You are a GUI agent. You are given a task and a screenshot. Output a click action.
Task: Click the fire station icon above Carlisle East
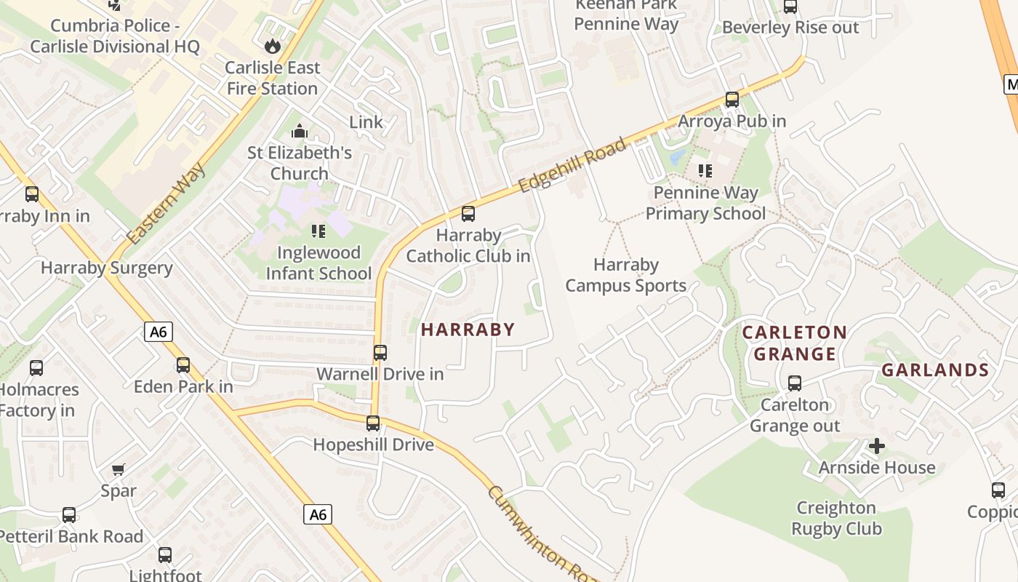tap(273, 47)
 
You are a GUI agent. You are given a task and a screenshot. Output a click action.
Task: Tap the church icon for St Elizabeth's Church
tap(299, 132)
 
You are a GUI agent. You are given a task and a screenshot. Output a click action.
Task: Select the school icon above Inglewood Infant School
tap(318, 231)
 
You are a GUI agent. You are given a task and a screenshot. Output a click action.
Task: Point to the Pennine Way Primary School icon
tap(705, 171)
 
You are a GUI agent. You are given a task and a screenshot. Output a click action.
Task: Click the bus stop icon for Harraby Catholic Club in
tap(468, 214)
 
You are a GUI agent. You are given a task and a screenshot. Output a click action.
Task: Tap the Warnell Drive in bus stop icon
tap(380, 353)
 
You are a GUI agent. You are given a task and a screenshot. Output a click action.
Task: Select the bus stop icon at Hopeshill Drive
tap(373, 423)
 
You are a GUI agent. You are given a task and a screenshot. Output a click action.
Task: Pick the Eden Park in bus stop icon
tap(183, 364)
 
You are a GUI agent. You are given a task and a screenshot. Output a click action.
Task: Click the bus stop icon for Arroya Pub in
tap(732, 100)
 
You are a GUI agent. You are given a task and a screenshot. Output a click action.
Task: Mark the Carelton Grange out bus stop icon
tap(795, 383)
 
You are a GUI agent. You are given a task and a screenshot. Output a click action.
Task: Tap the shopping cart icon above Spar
tap(119, 470)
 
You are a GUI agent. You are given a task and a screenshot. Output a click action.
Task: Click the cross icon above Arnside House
tap(877, 445)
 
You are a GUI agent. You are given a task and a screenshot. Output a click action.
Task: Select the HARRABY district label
tap(468, 330)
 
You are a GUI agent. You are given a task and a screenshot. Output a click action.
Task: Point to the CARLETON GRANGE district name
tap(794, 343)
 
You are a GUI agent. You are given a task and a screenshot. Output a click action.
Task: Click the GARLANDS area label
tap(935, 370)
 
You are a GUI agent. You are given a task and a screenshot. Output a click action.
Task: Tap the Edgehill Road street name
tap(573, 165)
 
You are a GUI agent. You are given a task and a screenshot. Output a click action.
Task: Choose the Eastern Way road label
tap(165, 204)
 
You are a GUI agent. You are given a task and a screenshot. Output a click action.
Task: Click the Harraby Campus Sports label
tap(626, 275)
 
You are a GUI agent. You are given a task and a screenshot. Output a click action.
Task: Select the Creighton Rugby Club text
tap(836, 518)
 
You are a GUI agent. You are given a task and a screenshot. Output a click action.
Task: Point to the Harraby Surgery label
tap(107, 268)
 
